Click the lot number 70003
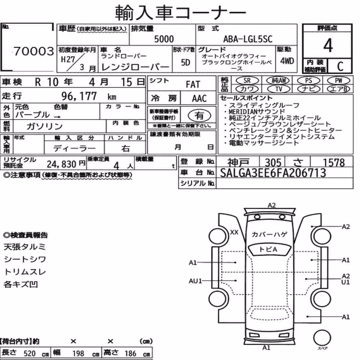34,51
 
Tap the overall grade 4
328,45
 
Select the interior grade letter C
340,66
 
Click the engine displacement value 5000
164,39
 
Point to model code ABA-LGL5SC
248,39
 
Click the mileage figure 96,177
79,96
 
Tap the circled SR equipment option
247,81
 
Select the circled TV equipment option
279,89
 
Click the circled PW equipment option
338,81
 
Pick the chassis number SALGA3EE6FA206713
273,173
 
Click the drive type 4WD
287,61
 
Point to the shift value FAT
193,85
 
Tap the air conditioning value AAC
199,99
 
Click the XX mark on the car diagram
234,232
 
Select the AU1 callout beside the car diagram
195,281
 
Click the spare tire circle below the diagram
322,338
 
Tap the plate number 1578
334,163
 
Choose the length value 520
30,354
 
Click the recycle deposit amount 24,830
62,164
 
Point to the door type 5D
185,62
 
